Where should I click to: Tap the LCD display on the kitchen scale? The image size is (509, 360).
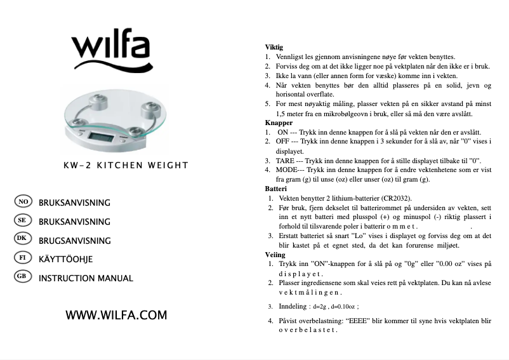coord(103,136)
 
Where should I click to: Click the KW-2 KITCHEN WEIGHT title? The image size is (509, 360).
coord(126,166)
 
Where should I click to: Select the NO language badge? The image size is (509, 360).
coord(22,202)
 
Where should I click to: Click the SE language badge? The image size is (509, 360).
coord(22,220)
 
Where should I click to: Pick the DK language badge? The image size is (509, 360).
coord(22,239)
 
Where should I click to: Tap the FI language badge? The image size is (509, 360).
coord(22,258)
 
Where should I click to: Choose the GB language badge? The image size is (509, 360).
coord(22,277)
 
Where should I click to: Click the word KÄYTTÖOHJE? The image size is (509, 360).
coord(65,260)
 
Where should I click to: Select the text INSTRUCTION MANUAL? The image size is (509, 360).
coord(86,278)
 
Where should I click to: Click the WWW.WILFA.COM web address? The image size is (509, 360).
coord(116,315)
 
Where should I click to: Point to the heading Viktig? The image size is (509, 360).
coord(274,48)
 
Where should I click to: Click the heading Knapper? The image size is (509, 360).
coord(279,123)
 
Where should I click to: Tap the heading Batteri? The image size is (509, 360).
coord(276,189)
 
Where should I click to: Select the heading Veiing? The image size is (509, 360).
coord(275,255)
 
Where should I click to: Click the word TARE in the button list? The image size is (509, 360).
coord(285,161)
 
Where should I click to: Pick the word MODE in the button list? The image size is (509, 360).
coord(286,170)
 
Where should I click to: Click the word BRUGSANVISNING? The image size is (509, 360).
coord(74,241)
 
